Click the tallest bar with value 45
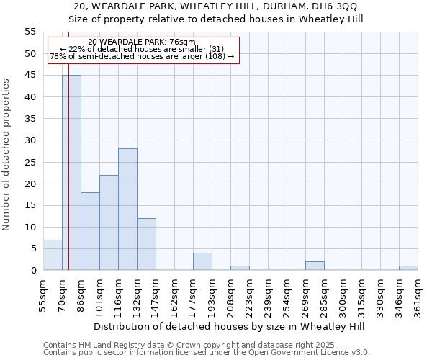(x=71, y=173)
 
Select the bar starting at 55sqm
(x=53, y=255)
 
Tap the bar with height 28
(x=127, y=210)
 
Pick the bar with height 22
(x=109, y=222)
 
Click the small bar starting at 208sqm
(x=240, y=268)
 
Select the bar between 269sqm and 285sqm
(x=315, y=266)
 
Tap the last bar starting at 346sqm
(x=408, y=268)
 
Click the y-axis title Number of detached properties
(x=7, y=155)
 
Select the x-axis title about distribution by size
(x=230, y=326)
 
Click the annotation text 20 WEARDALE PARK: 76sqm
(x=142, y=42)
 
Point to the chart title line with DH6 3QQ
(x=215, y=6)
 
